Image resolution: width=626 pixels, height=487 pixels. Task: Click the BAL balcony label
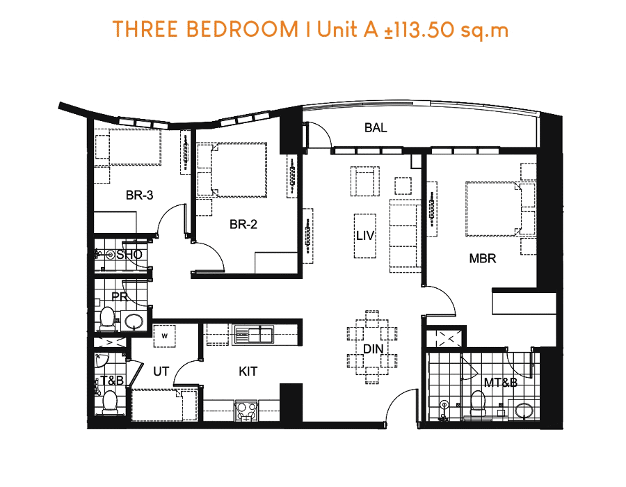point(376,128)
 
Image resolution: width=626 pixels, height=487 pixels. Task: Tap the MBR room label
point(483,258)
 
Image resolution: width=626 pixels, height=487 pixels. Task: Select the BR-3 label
point(139,195)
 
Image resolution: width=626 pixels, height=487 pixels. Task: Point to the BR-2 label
point(243,224)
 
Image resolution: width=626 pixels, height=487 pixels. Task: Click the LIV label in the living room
point(365,236)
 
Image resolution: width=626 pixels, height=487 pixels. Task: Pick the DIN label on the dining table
point(373,349)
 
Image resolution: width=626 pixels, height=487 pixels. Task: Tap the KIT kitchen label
point(248,372)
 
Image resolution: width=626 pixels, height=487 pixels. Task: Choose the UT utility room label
point(161,372)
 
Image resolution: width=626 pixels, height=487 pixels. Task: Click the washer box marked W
point(164,336)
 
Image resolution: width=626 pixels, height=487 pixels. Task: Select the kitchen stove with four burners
point(246,411)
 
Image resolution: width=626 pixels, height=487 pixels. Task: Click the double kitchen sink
point(254,335)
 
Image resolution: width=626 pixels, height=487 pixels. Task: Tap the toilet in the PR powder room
point(107,319)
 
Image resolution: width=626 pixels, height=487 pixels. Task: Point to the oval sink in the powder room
point(134,321)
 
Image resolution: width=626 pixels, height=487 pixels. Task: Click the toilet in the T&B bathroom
point(109,402)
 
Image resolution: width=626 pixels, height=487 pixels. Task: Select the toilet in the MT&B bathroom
point(478,404)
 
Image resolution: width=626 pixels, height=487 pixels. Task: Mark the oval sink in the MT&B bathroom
point(523,410)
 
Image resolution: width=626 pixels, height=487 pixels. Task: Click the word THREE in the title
point(145,29)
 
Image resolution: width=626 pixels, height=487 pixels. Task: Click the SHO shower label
point(129,254)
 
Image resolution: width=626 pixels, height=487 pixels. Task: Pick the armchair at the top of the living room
point(365,181)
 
